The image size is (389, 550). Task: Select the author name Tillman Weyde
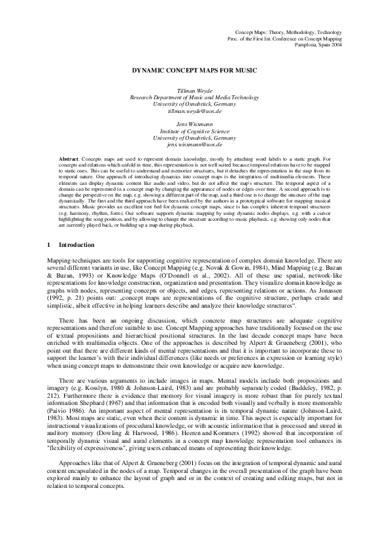tap(195, 89)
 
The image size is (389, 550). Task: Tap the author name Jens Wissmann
tap(195, 123)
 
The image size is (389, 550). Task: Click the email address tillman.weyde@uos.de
tap(195, 111)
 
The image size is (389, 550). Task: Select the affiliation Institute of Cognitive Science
tap(195, 131)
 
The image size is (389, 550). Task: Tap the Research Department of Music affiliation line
tap(195, 97)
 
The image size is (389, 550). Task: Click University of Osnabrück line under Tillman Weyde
tap(195, 104)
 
